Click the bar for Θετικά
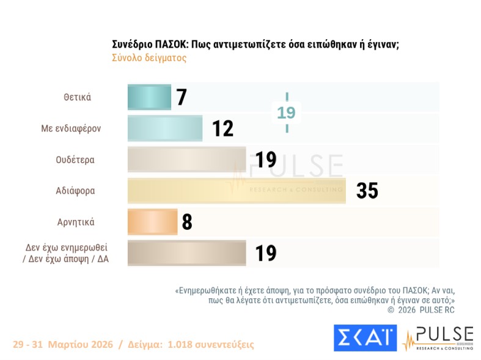pyautogui.click(x=149, y=97)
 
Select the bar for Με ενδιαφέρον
pyautogui.click(x=164, y=128)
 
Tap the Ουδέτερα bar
pyautogui.click(x=186, y=160)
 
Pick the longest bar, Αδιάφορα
pyautogui.click(x=236, y=191)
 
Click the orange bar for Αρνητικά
pyautogui.click(x=152, y=222)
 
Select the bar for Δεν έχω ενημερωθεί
pyautogui.click(x=186, y=253)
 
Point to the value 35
pyautogui.click(x=367, y=191)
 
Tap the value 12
pyautogui.click(x=222, y=129)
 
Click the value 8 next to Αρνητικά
pyautogui.click(x=187, y=222)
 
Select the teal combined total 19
pyautogui.click(x=286, y=112)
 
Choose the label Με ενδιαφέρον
pyautogui.click(x=72, y=128)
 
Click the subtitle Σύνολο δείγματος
pyautogui.click(x=149, y=58)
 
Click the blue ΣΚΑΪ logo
pyautogui.click(x=365, y=338)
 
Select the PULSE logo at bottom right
pyautogui.click(x=438, y=338)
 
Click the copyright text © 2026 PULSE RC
pyautogui.click(x=421, y=310)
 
